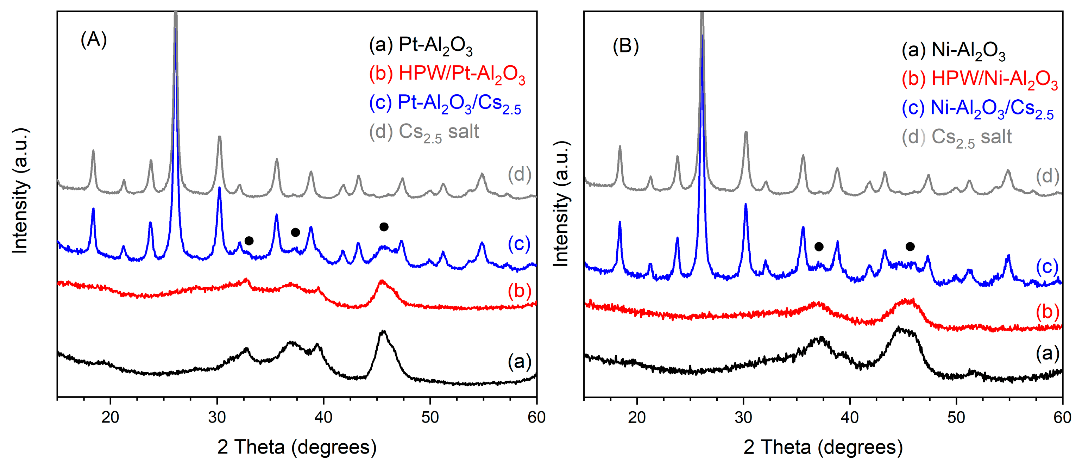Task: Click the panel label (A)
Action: [x=94, y=40]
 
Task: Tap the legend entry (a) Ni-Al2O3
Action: [x=953, y=51]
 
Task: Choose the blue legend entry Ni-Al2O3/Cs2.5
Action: [x=977, y=109]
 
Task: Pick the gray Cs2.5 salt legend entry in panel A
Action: [x=424, y=132]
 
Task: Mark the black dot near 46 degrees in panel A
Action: [x=384, y=227]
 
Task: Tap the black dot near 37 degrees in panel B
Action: [x=819, y=247]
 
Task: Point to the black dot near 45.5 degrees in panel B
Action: [x=910, y=246]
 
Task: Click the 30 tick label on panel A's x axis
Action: [x=217, y=417]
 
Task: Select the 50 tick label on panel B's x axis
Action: [x=956, y=417]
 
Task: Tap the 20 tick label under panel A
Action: [x=111, y=417]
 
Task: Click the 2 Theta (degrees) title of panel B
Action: [x=823, y=447]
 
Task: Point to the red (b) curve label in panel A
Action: [x=520, y=291]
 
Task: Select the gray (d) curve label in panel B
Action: [x=1047, y=176]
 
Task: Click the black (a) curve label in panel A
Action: [x=520, y=362]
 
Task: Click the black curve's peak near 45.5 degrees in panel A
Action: [x=383, y=332]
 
